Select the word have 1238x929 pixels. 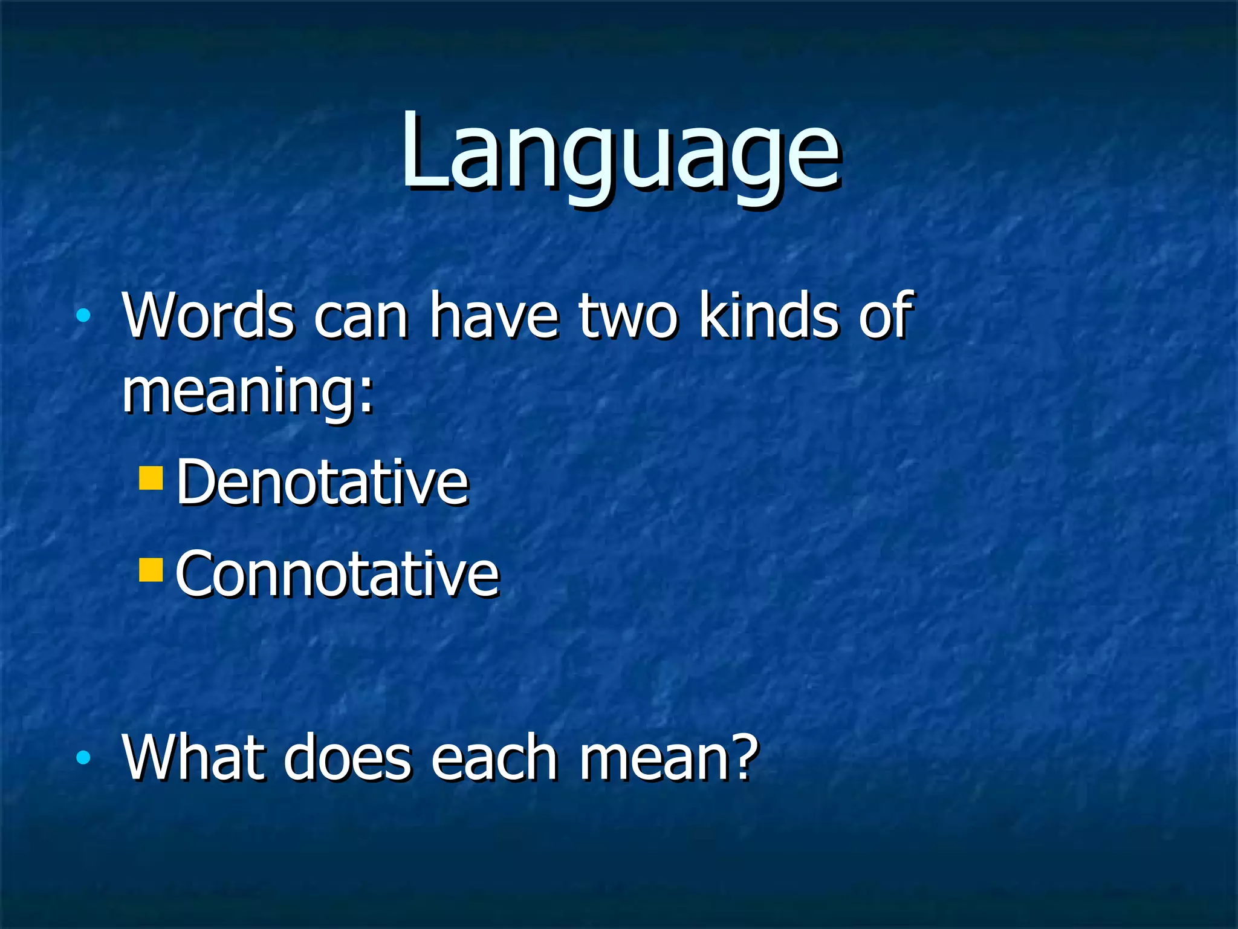[x=494, y=316]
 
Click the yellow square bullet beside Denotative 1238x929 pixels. [x=151, y=477]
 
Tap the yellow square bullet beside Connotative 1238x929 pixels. [x=151, y=569]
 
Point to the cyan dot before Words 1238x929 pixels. [x=83, y=315]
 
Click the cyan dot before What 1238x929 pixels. [x=83, y=757]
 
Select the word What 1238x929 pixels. [x=194, y=757]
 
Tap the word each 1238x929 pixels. [x=494, y=757]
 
